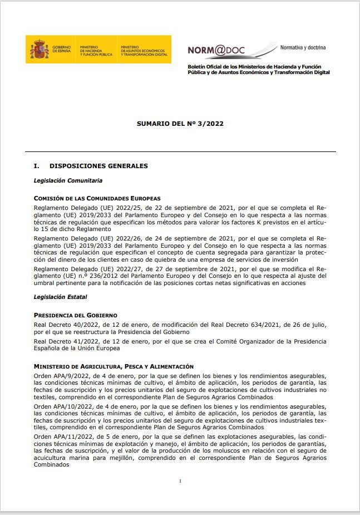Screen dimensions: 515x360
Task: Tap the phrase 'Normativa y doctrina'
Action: pyautogui.click(x=303, y=47)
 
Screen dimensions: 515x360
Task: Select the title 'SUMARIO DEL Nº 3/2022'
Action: pyautogui.click(x=180, y=124)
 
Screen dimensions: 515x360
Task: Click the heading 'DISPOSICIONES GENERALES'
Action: pyautogui.click(x=98, y=166)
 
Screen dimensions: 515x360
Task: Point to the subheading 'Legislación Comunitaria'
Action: pyautogui.click(x=68, y=180)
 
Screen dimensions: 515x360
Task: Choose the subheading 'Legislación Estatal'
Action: pyautogui.click(x=60, y=297)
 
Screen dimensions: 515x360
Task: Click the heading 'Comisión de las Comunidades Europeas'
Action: pyautogui.click(x=97, y=198)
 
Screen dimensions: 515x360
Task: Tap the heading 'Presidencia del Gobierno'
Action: pyautogui.click(x=75, y=315)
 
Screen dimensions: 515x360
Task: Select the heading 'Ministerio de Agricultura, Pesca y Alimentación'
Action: pyautogui.click(x=114, y=366)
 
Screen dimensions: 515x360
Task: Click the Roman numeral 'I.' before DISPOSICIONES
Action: pyautogui.click(x=37, y=166)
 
